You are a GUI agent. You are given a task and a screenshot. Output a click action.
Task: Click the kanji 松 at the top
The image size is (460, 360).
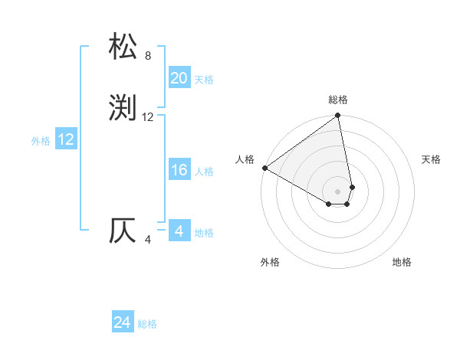123,47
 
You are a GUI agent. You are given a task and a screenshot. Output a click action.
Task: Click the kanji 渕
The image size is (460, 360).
123,108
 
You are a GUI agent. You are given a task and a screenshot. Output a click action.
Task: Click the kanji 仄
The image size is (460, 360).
123,231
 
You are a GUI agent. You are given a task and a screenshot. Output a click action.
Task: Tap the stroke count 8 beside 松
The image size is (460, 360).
148,56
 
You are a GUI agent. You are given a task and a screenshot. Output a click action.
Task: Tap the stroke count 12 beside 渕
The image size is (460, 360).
148,117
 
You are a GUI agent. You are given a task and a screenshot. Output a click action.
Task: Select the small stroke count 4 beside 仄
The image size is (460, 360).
148,240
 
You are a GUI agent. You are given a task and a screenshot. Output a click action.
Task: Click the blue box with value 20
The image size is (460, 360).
179,78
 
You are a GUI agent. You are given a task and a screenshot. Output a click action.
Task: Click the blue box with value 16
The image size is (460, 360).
179,170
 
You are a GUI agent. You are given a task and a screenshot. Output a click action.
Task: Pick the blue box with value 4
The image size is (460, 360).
179,231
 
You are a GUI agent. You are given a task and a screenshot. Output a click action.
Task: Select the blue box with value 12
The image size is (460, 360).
66,139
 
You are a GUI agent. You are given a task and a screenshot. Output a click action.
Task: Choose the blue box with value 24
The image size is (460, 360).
123,323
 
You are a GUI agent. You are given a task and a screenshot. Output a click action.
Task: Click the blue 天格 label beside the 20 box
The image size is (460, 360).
204,80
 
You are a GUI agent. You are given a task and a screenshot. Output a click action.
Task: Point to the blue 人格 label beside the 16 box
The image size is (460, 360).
204,172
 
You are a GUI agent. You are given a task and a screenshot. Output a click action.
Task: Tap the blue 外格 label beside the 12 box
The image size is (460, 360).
41,141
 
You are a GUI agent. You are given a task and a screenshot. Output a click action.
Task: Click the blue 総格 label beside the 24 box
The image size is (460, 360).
147,325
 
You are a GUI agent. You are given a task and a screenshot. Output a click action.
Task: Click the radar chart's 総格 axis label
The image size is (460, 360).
338,100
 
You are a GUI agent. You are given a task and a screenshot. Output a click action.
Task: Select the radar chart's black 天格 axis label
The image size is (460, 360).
431,159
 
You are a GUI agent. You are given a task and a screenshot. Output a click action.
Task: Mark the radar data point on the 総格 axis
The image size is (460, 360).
338,116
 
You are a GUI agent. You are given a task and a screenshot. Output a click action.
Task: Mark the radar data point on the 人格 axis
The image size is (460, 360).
264,168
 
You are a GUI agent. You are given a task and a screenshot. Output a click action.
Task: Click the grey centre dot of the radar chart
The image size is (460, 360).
338,191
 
